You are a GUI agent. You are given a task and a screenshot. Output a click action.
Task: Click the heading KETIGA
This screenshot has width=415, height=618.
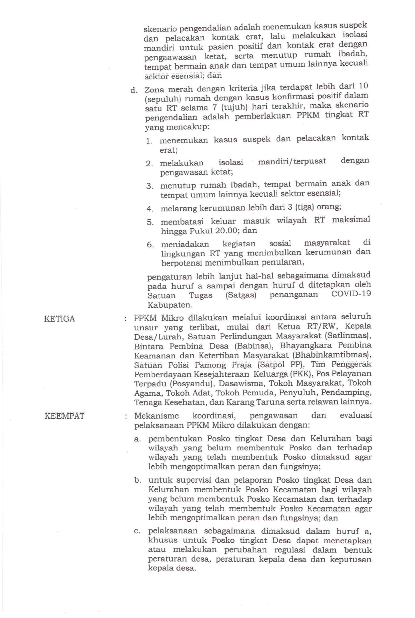(x=60, y=319)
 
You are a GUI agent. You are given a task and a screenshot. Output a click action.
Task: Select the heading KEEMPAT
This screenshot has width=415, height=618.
(x=64, y=416)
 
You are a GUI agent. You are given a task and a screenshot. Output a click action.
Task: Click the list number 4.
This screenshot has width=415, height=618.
(x=150, y=209)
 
